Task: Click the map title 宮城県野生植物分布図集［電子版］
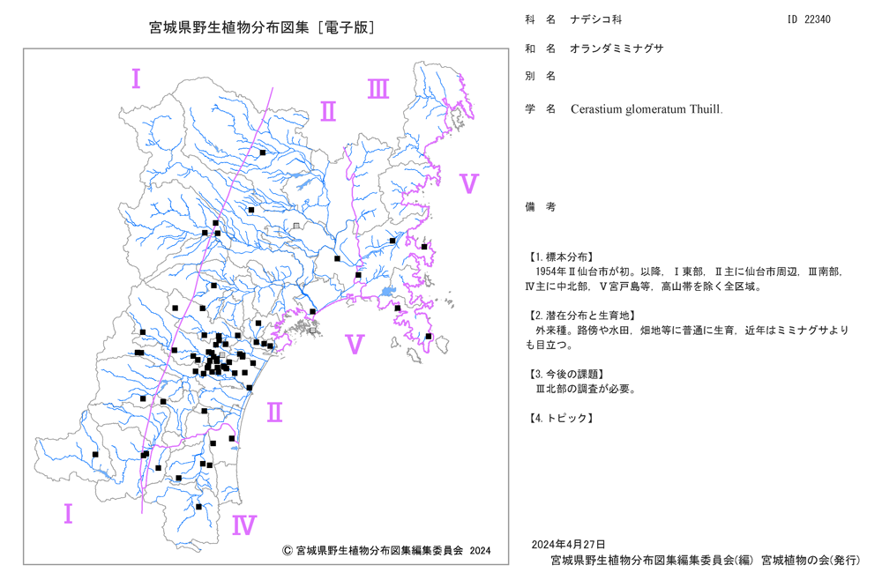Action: point(262,27)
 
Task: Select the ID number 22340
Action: point(818,19)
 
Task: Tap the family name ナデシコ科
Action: point(596,19)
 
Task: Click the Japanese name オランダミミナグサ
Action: point(617,48)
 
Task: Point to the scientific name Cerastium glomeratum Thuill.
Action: point(647,109)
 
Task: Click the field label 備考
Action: point(541,207)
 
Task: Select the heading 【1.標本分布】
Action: point(560,257)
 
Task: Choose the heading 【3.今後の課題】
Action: point(567,374)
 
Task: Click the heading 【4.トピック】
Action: point(561,418)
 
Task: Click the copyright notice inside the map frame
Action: point(386,550)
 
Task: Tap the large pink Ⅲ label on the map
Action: point(378,89)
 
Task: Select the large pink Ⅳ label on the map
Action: point(244,525)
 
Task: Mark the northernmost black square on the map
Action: point(263,152)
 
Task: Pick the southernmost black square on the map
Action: point(198,507)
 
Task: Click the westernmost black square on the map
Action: point(95,454)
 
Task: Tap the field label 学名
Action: point(541,109)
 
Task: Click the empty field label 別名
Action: point(541,76)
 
